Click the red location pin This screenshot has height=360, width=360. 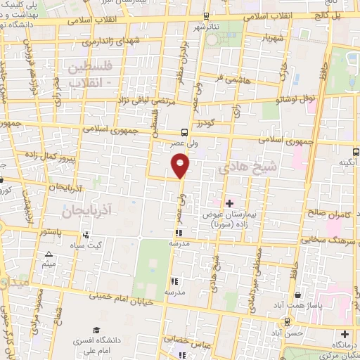(181, 165)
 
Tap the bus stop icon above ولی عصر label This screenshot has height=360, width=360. (184, 131)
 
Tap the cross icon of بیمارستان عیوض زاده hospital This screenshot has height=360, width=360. (229, 203)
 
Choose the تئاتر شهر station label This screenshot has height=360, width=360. (208, 27)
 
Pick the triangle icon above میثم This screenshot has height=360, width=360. (49, 255)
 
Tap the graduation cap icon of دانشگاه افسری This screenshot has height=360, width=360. (96, 330)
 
